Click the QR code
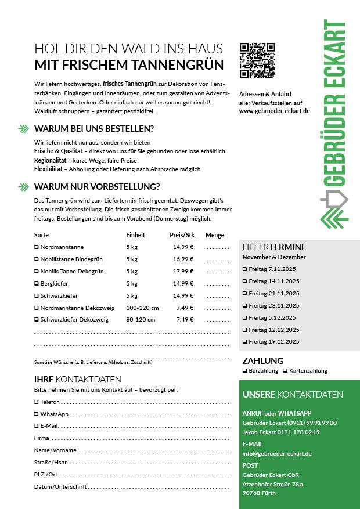257,60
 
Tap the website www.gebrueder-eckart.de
274,111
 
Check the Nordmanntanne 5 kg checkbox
36,247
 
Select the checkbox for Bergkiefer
36,283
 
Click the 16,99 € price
183,259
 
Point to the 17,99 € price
183,271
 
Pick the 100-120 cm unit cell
142,308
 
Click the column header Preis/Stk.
182,235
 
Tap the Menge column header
214,235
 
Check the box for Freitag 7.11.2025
244,269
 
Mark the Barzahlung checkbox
244,370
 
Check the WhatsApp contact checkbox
36,414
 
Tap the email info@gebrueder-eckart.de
277,453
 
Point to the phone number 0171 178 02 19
300,432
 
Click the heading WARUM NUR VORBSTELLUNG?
97,186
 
